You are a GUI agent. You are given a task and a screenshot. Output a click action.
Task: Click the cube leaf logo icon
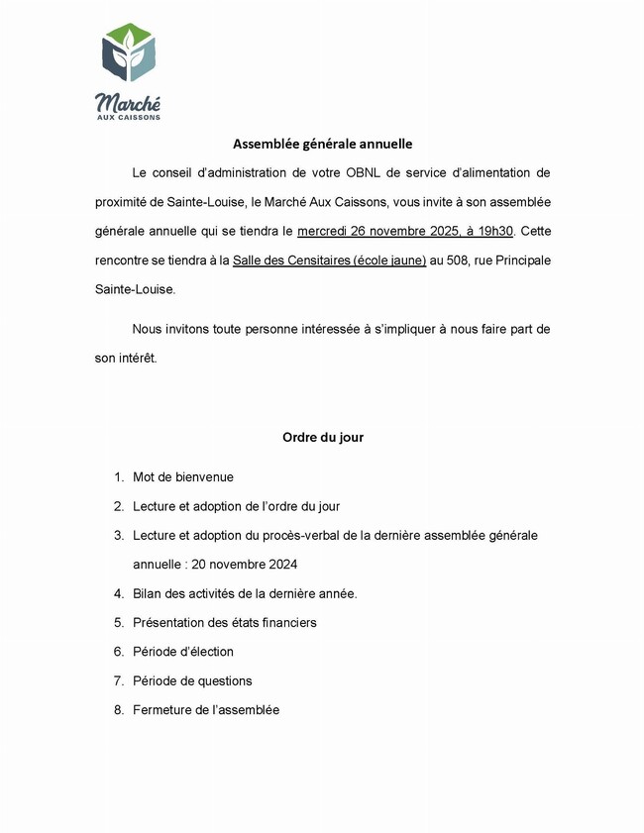point(129,55)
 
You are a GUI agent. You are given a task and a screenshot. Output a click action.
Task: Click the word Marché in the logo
point(128,102)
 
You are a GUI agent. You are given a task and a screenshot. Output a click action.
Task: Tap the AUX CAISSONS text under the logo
point(128,117)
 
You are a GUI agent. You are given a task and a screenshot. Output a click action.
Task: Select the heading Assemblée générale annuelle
point(322,144)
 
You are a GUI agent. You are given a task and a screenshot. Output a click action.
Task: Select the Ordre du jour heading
point(322,437)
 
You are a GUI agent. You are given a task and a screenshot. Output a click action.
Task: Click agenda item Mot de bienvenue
point(183,477)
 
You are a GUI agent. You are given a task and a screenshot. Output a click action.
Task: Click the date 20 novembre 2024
point(244,565)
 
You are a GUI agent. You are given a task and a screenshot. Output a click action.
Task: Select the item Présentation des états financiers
point(225,623)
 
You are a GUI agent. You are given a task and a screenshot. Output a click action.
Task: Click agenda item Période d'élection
point(183,652)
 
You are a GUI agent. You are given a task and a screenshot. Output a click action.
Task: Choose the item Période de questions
point(192,680)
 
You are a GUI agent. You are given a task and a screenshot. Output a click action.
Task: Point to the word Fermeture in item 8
point(162,710)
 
